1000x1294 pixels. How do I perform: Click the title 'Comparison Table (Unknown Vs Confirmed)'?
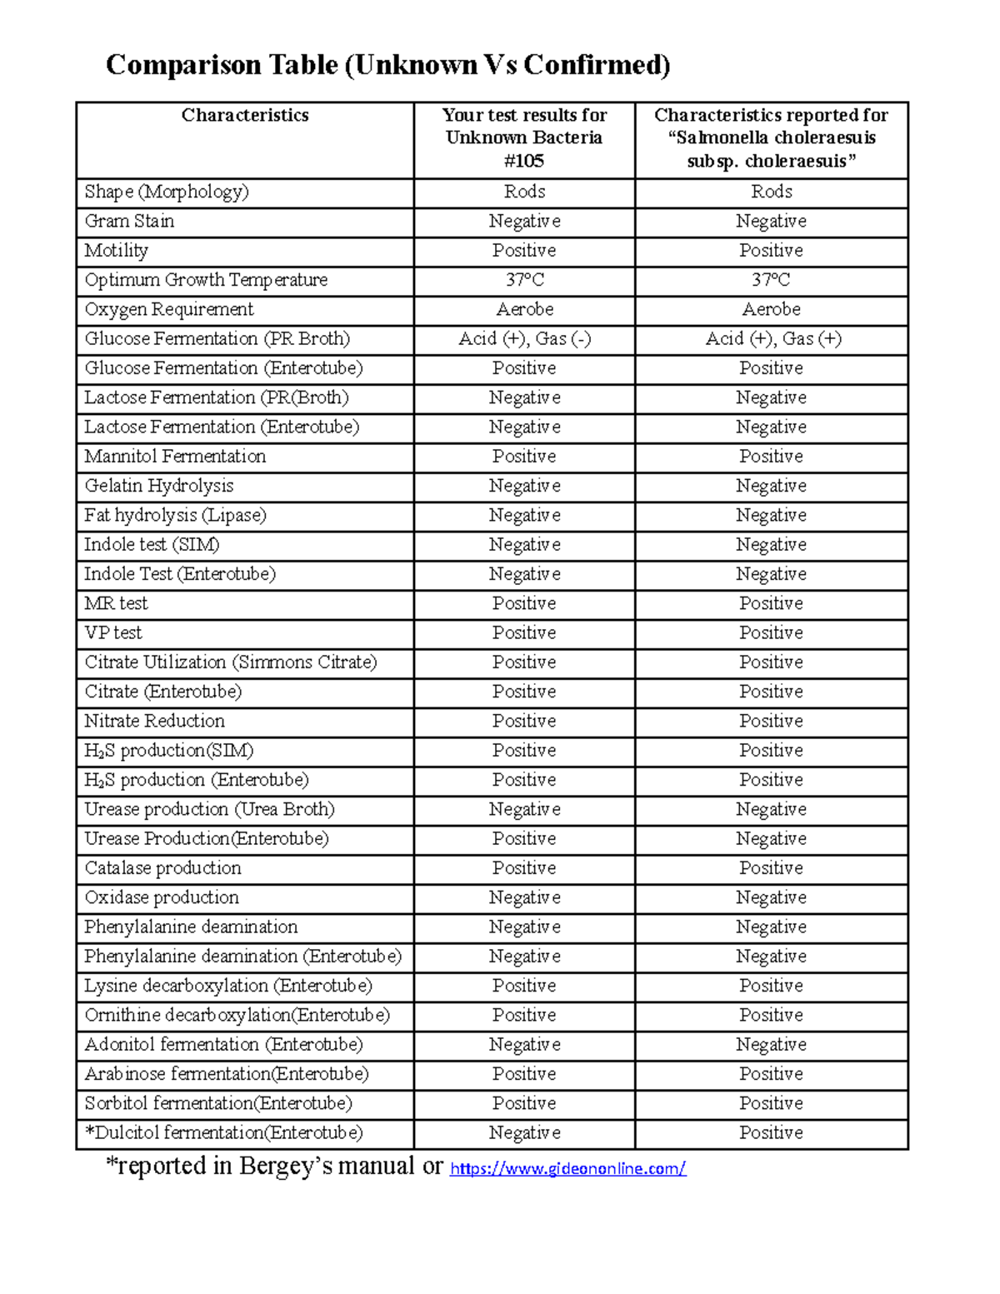[x=387, y=65]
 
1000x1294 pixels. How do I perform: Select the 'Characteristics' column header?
[x=245, y=115]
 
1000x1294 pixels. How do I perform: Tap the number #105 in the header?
[x=524, y=161]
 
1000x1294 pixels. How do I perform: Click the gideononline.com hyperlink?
[x=567, y=1168]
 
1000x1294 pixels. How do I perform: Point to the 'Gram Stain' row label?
[x=129, y=221]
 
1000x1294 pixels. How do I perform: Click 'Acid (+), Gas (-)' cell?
[x=524, y=338]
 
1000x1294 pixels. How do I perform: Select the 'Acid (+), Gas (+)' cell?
[x=772, y=338]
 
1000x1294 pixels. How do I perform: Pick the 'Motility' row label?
[x=116, y=250]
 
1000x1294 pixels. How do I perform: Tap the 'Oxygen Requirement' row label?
[x=168, y=309]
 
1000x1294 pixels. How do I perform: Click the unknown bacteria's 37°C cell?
[x=524, y=280]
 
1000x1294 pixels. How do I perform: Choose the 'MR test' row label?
[x=116, y=603]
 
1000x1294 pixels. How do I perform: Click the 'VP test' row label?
[x=112, y=632]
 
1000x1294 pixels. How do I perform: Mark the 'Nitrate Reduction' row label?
[x=154, y=721]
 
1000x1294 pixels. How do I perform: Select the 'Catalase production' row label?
[x=162, y=867]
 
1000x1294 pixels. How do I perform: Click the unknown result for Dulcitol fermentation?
[x=524, y=1132]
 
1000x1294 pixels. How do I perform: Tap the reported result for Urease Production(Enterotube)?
[x=772, y=838]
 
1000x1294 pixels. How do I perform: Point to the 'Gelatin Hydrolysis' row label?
[x=158, y=486]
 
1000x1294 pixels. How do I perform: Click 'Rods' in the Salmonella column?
[x=772, y=192]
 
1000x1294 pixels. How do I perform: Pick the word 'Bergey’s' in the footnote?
[x=285, y=1166]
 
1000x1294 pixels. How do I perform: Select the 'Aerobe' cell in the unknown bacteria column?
[x=524, y=309]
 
